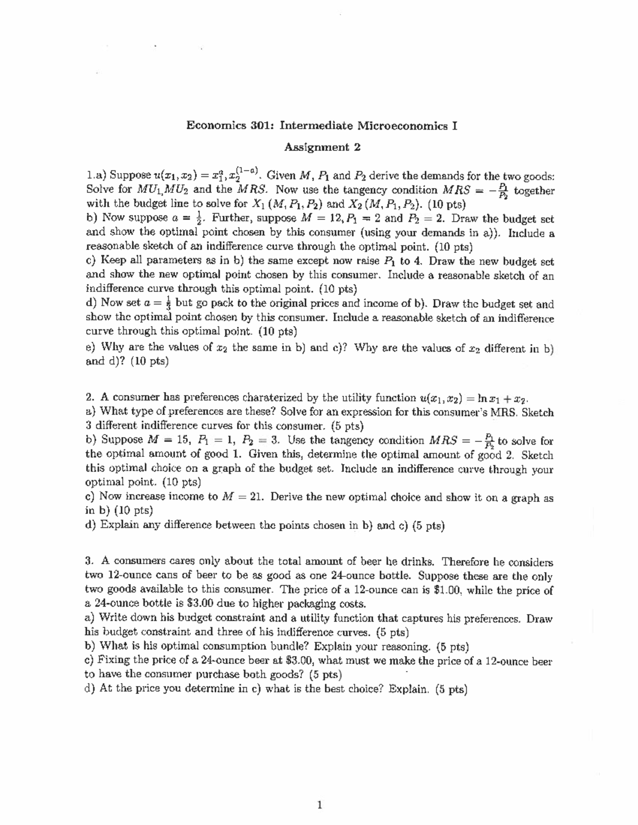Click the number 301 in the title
coord(262,126)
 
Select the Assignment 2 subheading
coord(318,147)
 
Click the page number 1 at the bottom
coord(318,805)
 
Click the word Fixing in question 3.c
coord(112,661)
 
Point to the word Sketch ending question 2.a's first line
coord(538,412)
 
